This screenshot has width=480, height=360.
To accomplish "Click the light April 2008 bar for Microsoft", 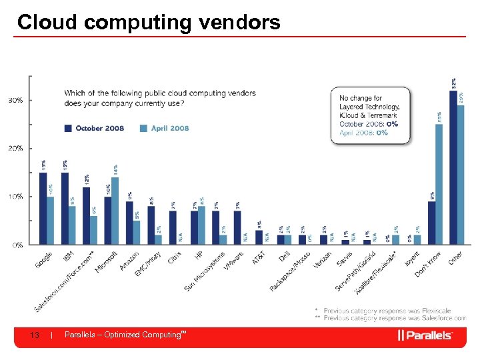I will click(x=116, y=210).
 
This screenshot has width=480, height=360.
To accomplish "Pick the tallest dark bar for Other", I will click(x=453, y=167).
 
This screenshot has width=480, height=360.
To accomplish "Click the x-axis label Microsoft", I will click(x=107, y=261).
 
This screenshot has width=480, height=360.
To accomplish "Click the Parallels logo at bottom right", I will click(x=425, y=335).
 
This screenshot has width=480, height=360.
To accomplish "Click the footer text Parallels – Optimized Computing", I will click(x=123, y=335).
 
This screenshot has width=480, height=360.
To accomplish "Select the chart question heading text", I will click(x=160, y=98).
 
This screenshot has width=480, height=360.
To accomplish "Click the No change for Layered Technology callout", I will click(x=370, y=115).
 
